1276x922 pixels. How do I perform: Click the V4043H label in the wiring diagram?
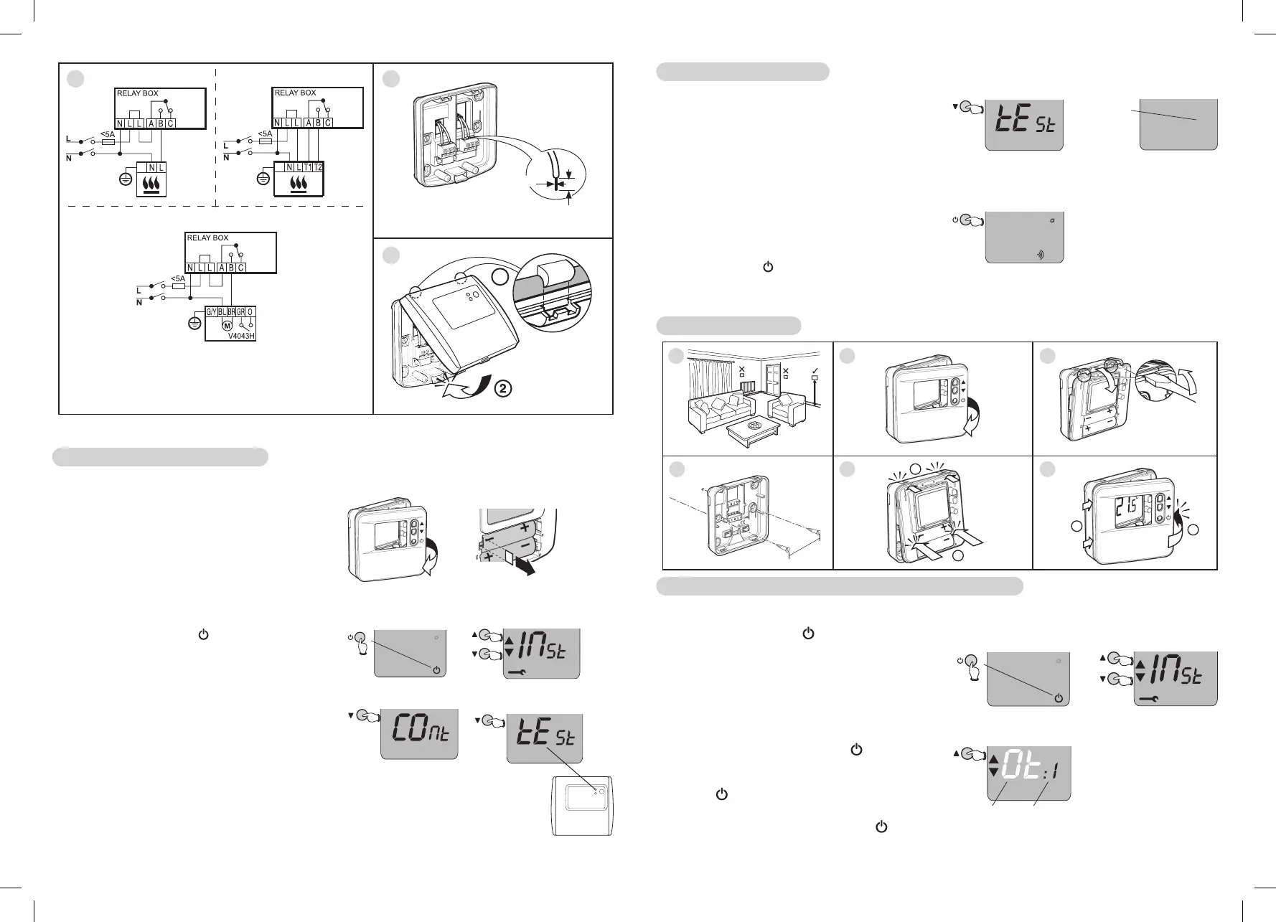tap(242, 335)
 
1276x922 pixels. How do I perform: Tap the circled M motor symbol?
tap(227, 326)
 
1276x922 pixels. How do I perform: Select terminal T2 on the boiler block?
tap(318, 167)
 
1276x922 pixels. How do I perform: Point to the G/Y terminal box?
tap(211, 312)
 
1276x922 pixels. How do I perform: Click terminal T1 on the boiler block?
tap(307, 167)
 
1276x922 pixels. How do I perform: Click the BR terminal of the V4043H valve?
tap(232, 312)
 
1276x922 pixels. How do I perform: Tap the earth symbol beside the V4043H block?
tap(193, 324)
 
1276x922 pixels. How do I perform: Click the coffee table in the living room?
tap(754, 428)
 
